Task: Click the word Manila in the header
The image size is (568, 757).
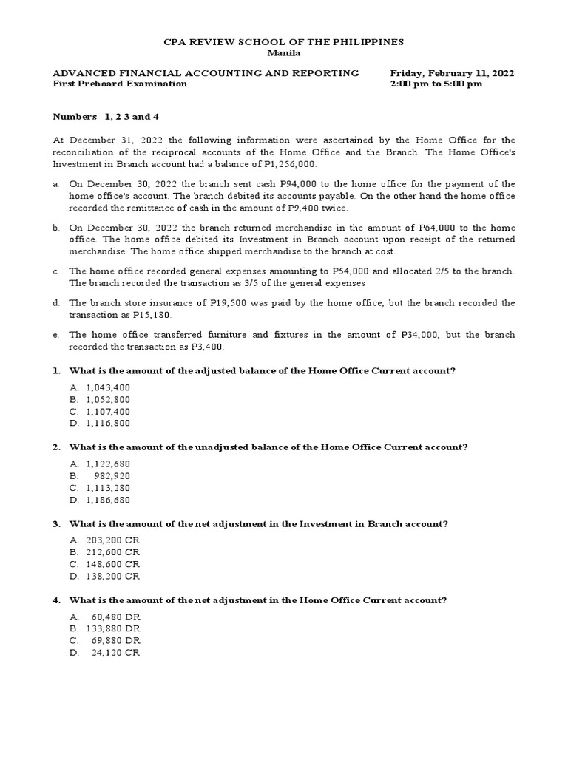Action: tap(283, 54)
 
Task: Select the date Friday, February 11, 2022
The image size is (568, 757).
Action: tap(452, 73)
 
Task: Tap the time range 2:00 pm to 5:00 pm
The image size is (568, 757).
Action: tap(436, 84)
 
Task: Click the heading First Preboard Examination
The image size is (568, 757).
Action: tap(120, 84)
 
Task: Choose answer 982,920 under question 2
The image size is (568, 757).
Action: tap(112, 476)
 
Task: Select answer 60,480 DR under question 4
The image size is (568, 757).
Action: tap(115, 617)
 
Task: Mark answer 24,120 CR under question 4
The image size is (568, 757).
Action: tap(115, 653)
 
